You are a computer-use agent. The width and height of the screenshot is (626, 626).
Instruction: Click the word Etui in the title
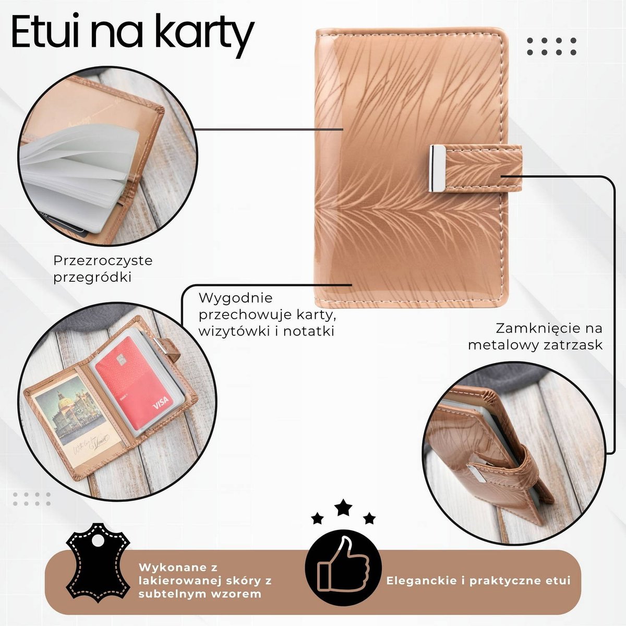pyautogui.click(x=45, y=31)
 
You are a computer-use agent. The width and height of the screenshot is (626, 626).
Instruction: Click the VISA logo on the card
pyautogui.click(x=161, y=402)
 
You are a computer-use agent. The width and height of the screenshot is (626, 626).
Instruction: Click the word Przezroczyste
pyautogui.click(x=103, y=260)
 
